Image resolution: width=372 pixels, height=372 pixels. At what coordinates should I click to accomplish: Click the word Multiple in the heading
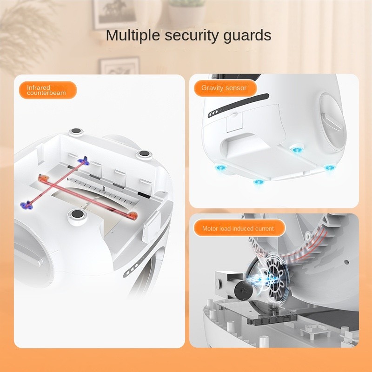(x=133, y=36)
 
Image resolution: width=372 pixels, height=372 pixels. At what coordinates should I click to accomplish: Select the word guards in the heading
(x=247, y=36)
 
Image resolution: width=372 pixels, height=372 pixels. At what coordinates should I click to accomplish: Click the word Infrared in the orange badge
(x=39, y=87)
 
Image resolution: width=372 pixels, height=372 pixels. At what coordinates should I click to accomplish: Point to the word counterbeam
(x=46, y=93)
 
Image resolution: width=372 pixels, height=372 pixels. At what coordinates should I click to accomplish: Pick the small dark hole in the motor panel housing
(x=346, y=262)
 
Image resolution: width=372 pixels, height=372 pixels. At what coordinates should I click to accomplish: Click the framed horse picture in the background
(x=115, y=13)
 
